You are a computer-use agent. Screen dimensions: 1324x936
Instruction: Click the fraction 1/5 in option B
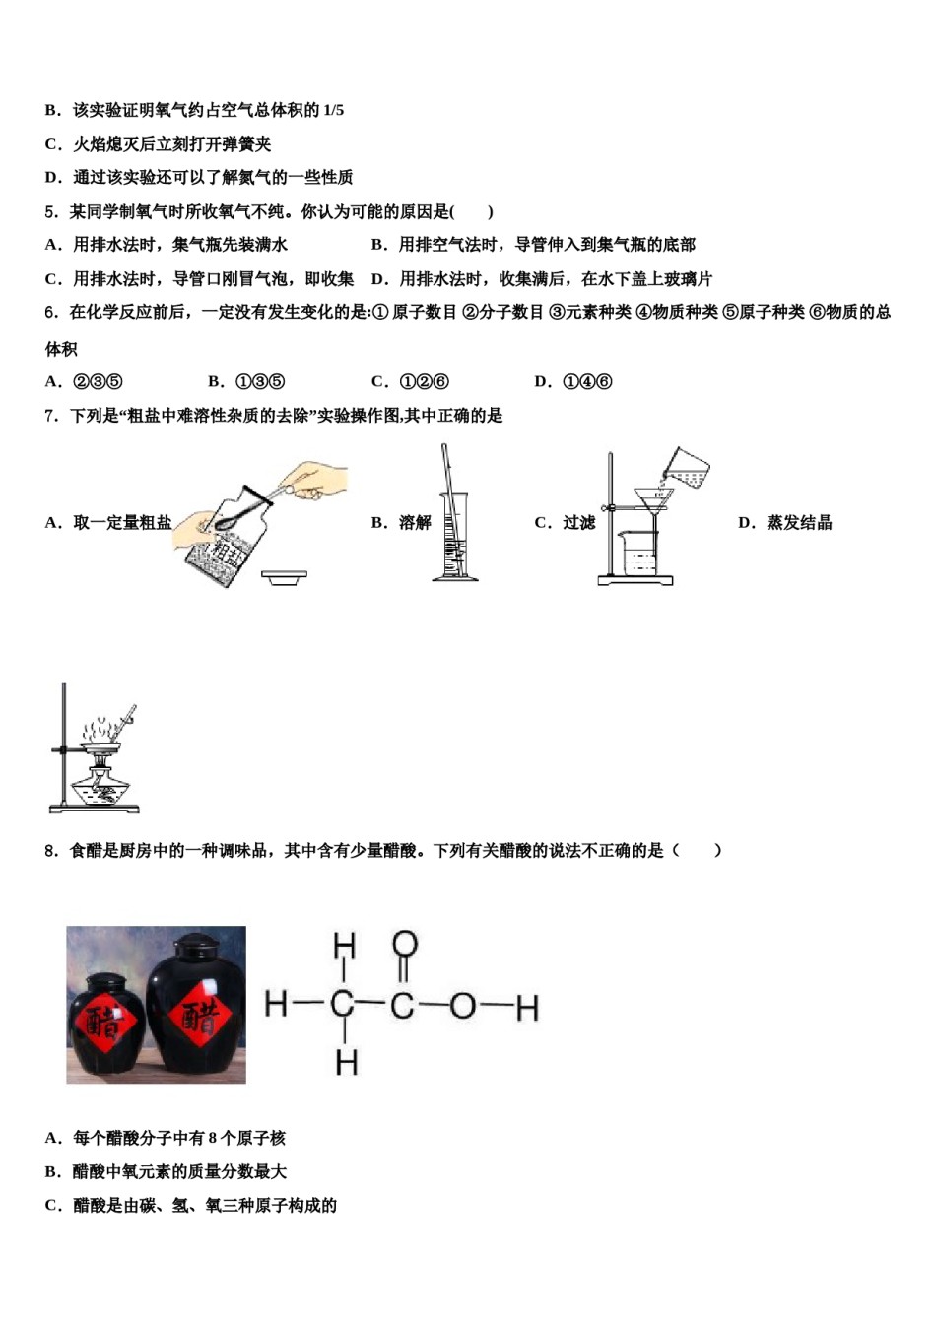333,110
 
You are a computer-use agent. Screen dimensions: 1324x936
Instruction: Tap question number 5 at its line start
50,212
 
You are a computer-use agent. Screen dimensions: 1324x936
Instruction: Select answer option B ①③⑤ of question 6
246,382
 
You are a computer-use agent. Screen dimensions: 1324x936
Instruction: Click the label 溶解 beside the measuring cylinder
415,523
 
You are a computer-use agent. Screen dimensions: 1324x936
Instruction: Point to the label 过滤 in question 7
578,523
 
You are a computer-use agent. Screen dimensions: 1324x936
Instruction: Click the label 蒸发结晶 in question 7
799,523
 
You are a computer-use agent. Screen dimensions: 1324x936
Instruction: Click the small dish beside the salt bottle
284,578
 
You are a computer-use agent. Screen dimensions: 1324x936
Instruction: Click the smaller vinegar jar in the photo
103,1025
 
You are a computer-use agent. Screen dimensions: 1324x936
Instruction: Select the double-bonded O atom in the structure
404,945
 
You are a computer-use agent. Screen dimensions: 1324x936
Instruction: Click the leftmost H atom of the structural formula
276,1004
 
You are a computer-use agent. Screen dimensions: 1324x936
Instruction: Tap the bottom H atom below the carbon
345,1062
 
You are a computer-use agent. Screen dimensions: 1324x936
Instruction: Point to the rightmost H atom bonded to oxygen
527,1008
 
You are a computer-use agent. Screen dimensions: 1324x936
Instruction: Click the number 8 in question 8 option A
213,1139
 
